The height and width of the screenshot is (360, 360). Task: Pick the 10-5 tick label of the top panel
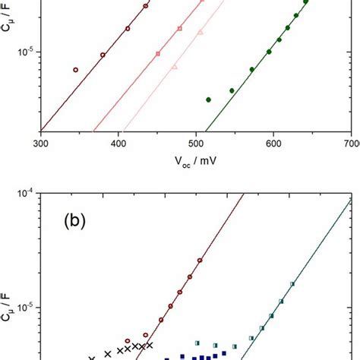(27, 52)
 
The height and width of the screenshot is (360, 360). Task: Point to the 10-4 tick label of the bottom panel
(27, 194)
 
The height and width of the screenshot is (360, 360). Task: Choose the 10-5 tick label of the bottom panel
(27, 308)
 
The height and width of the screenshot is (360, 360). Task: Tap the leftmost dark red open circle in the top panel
(75, 70)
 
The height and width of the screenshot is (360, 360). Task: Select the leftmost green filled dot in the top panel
(209, 99)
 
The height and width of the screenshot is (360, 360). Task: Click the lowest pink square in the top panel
(158, 53)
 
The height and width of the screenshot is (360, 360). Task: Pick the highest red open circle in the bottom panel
(200, 261)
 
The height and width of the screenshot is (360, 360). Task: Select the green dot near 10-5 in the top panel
(269, 52)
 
